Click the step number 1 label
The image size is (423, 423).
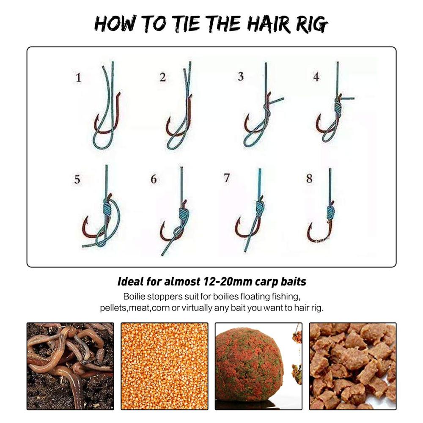[x=78, y=78]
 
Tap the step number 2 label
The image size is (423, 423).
[x=163, y=77]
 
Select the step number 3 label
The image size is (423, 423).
[x=241, y=76]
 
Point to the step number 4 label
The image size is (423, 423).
[x=316, y=77]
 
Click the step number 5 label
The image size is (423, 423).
[x=77, y=179]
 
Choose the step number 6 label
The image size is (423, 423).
[x=154, y=179]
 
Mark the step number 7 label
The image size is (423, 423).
[x=227, y=178]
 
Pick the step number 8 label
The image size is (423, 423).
[x=310, y=179]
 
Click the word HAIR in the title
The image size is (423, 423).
[x=269, y=24]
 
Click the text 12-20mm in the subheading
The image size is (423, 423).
[x=229, y=281]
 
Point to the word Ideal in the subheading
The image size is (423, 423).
[x=131, y=281]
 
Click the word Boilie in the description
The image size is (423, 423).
[x=134, y=297]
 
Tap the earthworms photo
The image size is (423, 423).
[x=70, y=366]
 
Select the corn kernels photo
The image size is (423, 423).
[x=165, y=366]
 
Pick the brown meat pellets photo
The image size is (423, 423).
[x=353, y=366]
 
